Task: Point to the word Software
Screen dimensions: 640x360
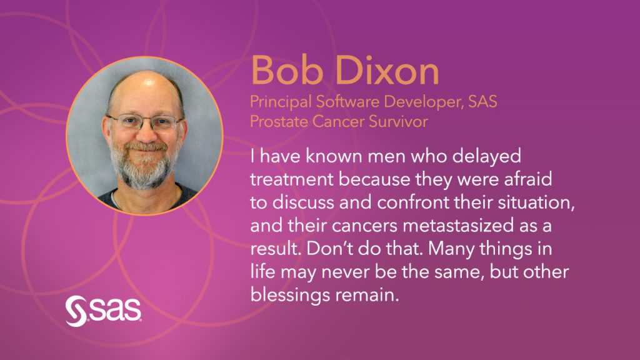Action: [x=348, y=101]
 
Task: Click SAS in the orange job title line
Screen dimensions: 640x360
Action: [x=482, y=102]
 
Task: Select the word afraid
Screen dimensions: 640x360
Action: [x=528, y=179]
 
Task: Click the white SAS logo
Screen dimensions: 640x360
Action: [x=103, y=311]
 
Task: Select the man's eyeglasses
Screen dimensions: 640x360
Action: [x=144, y=122]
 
